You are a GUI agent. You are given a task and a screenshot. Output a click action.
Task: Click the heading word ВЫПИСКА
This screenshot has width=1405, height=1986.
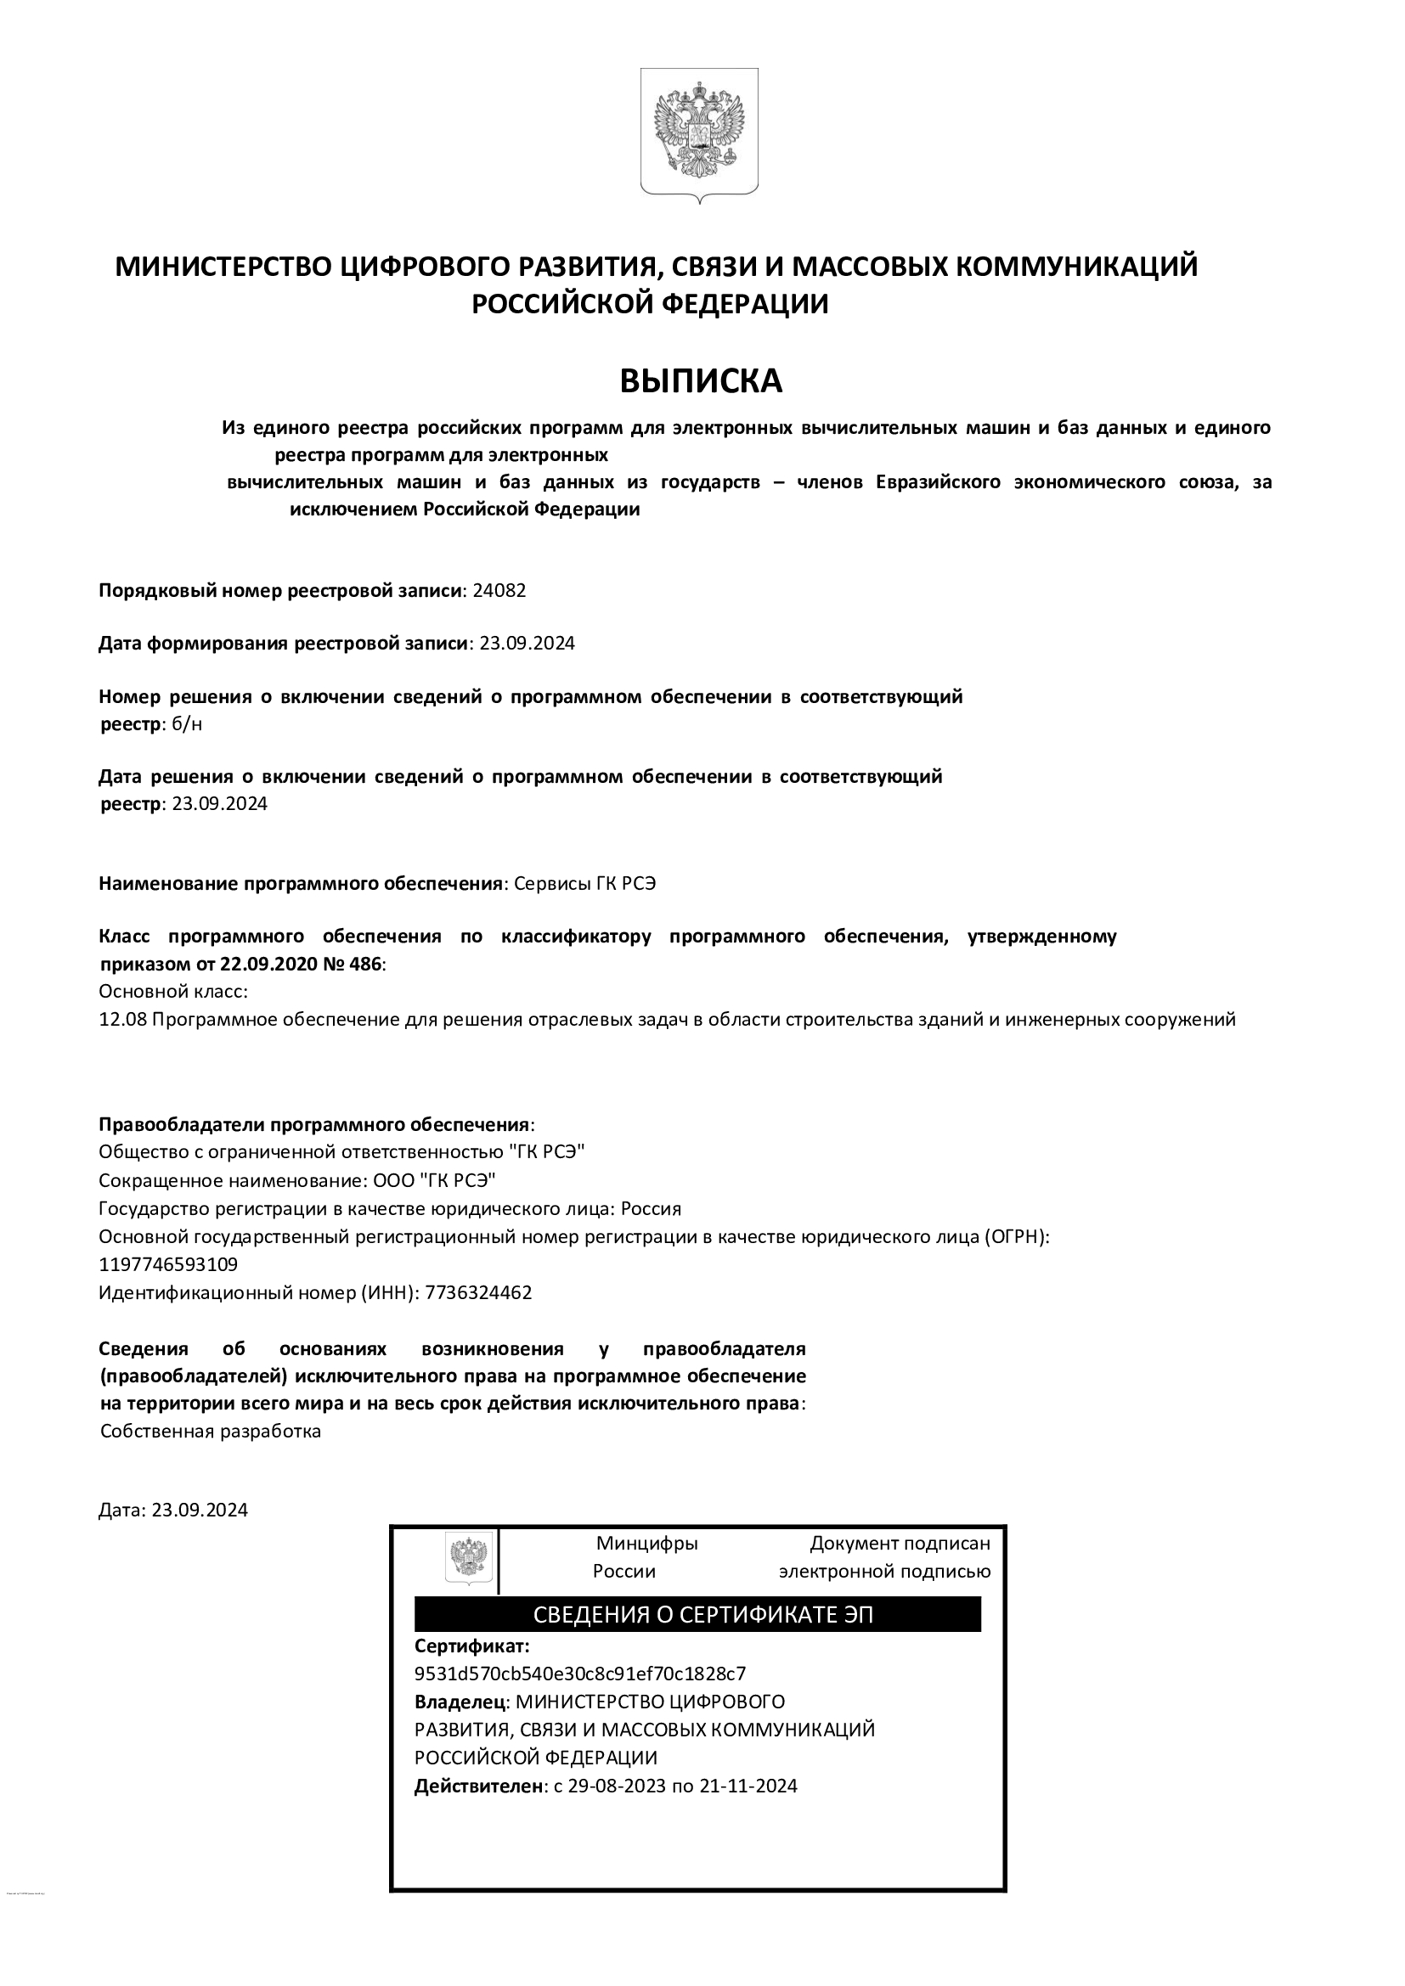(701, 381)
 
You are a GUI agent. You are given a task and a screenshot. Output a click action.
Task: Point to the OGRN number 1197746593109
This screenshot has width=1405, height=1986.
(168, 1264)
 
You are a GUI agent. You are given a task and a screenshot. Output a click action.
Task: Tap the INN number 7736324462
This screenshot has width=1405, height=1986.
(479, 1292)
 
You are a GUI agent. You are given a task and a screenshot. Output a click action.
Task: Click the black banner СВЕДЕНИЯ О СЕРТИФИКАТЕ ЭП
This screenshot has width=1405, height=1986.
(697, 1614)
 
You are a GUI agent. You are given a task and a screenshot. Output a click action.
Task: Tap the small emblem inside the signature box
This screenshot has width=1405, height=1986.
(469, 1557)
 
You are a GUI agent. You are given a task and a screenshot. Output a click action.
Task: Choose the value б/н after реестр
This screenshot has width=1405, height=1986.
(188, 724)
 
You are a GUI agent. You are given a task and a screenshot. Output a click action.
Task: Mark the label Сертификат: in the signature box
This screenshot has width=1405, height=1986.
(471, 1646)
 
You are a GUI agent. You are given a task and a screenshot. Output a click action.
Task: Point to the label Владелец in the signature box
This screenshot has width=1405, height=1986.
(460, 1702)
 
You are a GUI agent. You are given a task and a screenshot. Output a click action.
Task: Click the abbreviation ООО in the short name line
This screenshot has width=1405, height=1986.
(391, 1181)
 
